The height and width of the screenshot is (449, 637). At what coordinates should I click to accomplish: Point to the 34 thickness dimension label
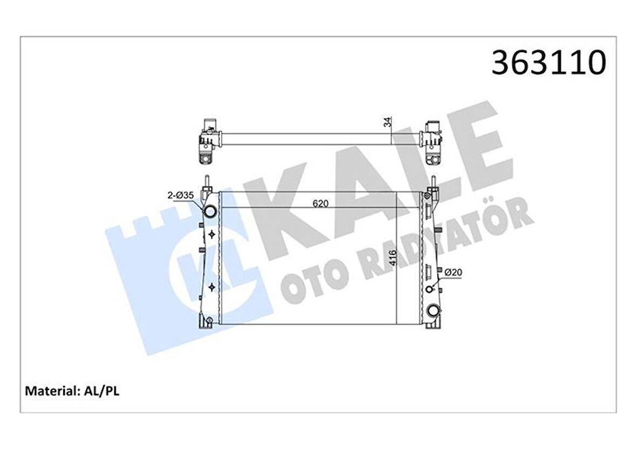coord(387,123)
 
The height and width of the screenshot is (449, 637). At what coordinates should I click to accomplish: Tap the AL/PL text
coord(101,391)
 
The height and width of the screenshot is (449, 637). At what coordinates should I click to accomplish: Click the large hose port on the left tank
coord(209,211)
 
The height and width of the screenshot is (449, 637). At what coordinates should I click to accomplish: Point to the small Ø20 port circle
coord(430,289)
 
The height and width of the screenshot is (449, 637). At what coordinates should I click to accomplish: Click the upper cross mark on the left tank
coord(212,234)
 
